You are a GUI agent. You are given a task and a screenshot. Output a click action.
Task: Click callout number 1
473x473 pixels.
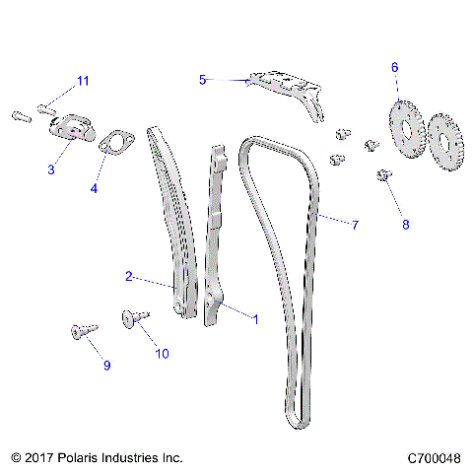point(256,319)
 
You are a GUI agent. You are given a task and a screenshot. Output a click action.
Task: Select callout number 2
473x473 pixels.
point(129,277)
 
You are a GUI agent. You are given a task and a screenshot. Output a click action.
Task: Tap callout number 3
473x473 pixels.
point(51,170)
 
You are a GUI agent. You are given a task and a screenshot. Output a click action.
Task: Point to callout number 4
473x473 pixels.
point(95,187)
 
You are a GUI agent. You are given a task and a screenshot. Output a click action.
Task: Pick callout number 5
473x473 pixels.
point(203,79)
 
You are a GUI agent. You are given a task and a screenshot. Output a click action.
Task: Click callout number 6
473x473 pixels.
point(395,67)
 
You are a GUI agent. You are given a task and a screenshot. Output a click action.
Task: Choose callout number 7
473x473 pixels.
point(355,225)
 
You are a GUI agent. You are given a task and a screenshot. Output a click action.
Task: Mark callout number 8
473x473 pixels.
point(404,225)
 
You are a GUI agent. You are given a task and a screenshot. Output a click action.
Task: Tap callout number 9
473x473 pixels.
point(106,366)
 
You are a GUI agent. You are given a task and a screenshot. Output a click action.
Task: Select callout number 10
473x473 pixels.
point(162,353)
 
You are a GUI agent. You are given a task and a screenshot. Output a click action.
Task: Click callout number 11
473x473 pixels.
point(83,80)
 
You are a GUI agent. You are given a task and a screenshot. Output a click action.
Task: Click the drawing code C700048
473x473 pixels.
point(434,458)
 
